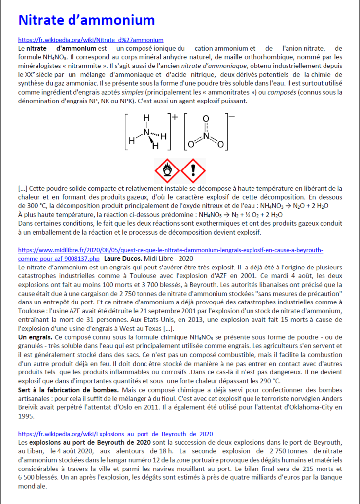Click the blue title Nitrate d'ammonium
(x=87, y=20)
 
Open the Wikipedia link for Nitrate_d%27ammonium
(x=91, y=40)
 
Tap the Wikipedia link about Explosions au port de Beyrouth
(x=115, y=434)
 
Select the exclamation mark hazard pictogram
(x=193, y=170)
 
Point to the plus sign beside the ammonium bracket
(x=175, y=117)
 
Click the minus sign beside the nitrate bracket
(x=232, y=117)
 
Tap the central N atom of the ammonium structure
(x=146, y=132)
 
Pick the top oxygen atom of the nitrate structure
(x=206, y=119)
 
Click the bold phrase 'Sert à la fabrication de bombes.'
(x=68, y=390)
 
